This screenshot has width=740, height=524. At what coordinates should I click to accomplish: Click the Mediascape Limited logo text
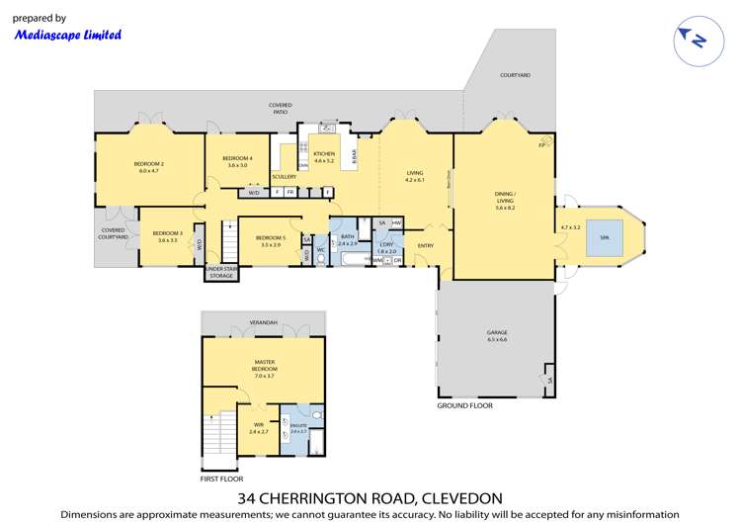[x=67, y=35]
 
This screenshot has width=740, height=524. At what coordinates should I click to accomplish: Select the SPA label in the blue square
[x=604, y=238]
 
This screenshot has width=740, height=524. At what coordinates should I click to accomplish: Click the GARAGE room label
[x=497, y=336]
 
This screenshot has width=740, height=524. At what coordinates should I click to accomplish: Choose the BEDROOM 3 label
[x=167, y=235]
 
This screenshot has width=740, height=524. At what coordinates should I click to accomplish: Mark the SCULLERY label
[x=284, y=177]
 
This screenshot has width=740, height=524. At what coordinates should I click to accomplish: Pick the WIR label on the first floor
[x=258, y=427]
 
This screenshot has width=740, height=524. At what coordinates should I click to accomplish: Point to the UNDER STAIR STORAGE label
[x=220, y=273]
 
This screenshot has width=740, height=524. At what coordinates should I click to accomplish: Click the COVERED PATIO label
[x=281, y=109]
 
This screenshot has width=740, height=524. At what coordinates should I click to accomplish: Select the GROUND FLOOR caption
[x=464, y=405]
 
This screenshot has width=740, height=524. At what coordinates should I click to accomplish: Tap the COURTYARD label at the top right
[x=515, y=75]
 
